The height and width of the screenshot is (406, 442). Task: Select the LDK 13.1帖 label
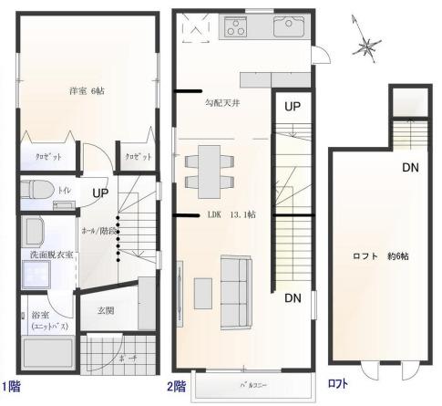(231, 214)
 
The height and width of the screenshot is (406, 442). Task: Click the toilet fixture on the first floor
(38, 191)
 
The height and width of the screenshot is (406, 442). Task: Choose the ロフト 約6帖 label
(380, 256)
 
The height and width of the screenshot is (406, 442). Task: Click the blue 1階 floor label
(11, 384)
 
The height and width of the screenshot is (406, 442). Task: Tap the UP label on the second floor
(292, 106)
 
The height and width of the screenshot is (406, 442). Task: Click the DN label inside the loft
(411, 167)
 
